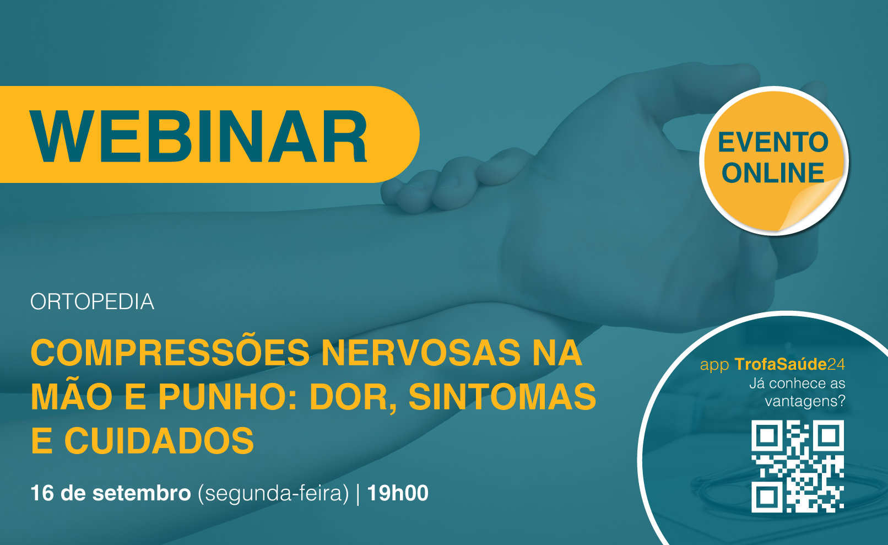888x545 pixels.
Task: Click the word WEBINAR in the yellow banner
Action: click(199, 137)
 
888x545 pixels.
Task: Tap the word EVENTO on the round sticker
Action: click(773, 142)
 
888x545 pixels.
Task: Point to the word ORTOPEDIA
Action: click(93, 302)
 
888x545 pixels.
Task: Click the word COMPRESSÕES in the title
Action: click(170, 352)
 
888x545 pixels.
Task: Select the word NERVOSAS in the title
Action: click(421, 352)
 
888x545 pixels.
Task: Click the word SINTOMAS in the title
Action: click(502, 397)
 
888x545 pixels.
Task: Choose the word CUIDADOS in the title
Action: click(159, 441)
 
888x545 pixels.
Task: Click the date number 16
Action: click(42, 493)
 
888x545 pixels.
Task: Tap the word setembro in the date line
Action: click(142, 493)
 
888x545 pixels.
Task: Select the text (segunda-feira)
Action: click(273, 494)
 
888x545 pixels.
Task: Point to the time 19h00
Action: click(398, 493)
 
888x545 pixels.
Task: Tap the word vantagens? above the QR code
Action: click(805, 401)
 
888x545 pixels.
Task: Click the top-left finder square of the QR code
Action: click(767, 436)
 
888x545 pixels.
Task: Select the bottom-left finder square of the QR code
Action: click(767, 497)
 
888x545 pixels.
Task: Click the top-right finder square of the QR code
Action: click(828, 436)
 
